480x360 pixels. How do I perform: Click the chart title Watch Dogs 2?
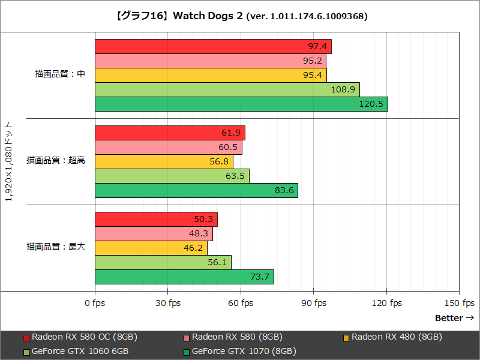tap(240, 16)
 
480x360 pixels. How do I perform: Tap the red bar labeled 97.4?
tap(213, 46)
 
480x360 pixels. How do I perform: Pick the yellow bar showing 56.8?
tap(164, 161)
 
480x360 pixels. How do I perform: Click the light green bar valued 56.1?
tap(163, 262)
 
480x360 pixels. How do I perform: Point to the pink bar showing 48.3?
tap(154, 233)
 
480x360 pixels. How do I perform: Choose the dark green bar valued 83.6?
tap(196, 190)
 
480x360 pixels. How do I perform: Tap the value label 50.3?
tap(203, 219)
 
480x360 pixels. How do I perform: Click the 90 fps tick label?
tap(314, 303)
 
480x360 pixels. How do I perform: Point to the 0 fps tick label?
tap(94, 303)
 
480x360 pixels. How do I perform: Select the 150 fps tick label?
tap(460, 303)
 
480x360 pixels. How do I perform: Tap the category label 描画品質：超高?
tap(56, 161)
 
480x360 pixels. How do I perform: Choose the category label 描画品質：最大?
tap(56, 247)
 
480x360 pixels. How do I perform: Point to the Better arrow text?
tap(454, 318)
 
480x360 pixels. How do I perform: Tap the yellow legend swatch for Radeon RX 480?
tap(346, 337)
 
